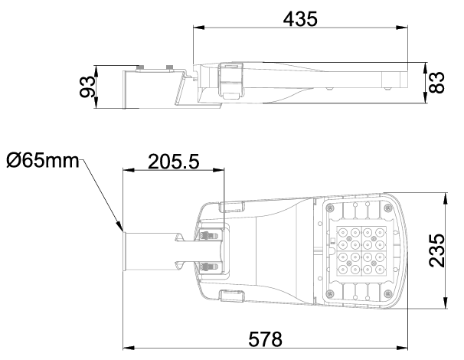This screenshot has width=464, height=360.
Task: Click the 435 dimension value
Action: [x=300, y=19]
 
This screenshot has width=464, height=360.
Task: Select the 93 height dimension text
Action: [x=87, y=87]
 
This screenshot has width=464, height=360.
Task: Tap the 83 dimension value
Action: [x=436, y=83]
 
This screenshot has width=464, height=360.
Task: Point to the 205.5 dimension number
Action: [x=173, y=162]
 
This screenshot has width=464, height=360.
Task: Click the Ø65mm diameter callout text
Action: [x=43, y=160]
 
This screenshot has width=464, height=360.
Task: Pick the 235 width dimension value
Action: [x=436, y=250]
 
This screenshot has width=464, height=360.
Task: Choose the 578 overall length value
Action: [x=265, y=339]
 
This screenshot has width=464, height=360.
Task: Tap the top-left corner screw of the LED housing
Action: [x=330, y=208]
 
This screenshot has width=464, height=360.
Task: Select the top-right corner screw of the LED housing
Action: [x=387, y=208]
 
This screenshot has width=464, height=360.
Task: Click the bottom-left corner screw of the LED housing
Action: [x=330, y=293]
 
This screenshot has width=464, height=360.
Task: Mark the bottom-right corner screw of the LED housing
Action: [x=387, y=293]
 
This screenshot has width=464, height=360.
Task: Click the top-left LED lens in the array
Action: [x=343, y=232]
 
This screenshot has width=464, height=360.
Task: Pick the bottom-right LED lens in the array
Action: [x=380, y=269]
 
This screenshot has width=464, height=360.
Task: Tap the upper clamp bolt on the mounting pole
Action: [x=210, y=236]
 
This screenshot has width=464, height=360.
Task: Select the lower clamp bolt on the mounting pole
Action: [x=210, y=267]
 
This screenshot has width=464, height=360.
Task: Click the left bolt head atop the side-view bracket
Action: [x=140, y=68]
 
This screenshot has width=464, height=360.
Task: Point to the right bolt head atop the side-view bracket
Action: [x=169, y=68]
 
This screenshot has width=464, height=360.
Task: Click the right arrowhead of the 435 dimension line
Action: [x=402, y=28]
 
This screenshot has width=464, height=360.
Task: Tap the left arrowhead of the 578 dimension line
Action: [x=129, y=348]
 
